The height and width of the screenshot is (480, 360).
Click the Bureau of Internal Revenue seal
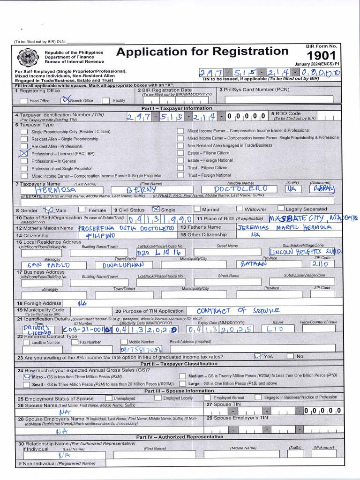28,57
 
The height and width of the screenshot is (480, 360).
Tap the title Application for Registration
202,52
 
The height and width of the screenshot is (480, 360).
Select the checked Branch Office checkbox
66,100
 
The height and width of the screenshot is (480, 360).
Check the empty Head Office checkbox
23,100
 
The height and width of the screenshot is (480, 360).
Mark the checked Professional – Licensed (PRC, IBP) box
23,153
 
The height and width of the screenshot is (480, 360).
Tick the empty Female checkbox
82,210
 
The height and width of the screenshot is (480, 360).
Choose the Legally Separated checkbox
281,209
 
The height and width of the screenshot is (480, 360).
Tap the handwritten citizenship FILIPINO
101,235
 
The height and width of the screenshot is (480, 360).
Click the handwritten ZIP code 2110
323,264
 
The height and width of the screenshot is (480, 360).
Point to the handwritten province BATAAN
254,264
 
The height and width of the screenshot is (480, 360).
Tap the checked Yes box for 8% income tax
257,356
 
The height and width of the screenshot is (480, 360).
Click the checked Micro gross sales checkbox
27,376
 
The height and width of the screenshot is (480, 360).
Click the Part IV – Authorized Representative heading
180,437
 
